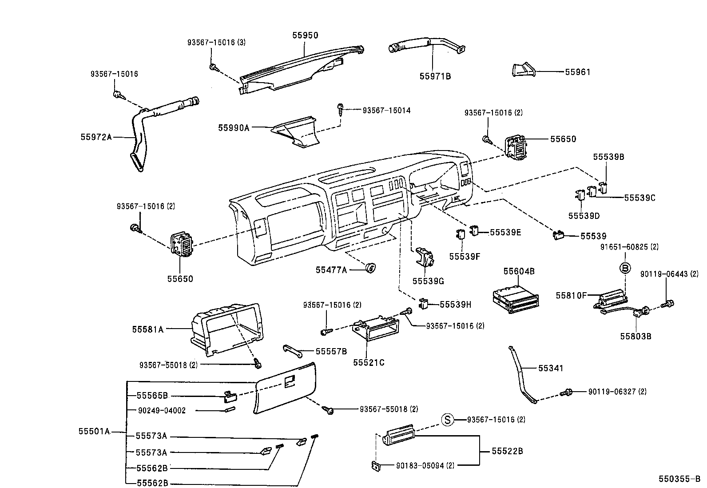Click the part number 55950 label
click(305, 36)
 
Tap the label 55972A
click(96, 137)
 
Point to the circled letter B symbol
click(625, 268)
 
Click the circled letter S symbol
click(448, 420)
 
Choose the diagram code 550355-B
click(679, 479)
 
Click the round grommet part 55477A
click(370, 267)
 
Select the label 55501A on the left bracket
click(94, 431)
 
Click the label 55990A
click(234, 128)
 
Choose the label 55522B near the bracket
click(507, 451)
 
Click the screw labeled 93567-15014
click(340, 109)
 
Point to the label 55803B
click(636, 336)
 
